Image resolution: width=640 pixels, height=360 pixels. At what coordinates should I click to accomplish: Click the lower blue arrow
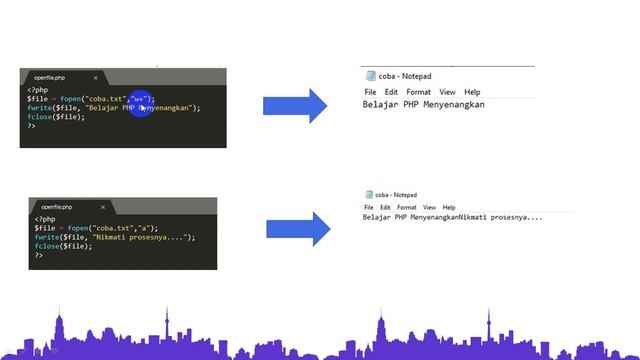pyautogui.click(x=298, y=229)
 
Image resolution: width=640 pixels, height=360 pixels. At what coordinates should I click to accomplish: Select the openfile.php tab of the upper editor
pyautogui.click(x=49, y=77)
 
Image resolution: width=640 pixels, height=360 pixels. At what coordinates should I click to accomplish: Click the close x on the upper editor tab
pyautogui.click(x=96, y=77)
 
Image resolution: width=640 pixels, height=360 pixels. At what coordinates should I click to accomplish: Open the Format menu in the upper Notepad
pyautogui.click(x=419, y=92)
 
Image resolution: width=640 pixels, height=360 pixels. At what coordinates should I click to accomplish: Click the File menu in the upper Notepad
pyautogui.click(x=370, y=92)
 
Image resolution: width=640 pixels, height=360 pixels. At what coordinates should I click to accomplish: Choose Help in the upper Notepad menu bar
pyautogui.click(x=472, y=92)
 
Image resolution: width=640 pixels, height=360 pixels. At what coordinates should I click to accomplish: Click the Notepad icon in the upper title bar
pyautogui.click(x=370, y=74)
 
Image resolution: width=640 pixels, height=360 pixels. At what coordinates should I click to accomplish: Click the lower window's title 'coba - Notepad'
pyautogui.click(x=397, y=195)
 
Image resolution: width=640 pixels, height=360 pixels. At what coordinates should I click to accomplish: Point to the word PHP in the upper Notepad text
pyautogui.click(x=412, y=104)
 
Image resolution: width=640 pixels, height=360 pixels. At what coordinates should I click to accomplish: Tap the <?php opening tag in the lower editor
pyautogui.click(x=45, y=219)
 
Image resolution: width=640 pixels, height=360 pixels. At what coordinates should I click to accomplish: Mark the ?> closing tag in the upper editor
pyautogui.click(x=32, y=126)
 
